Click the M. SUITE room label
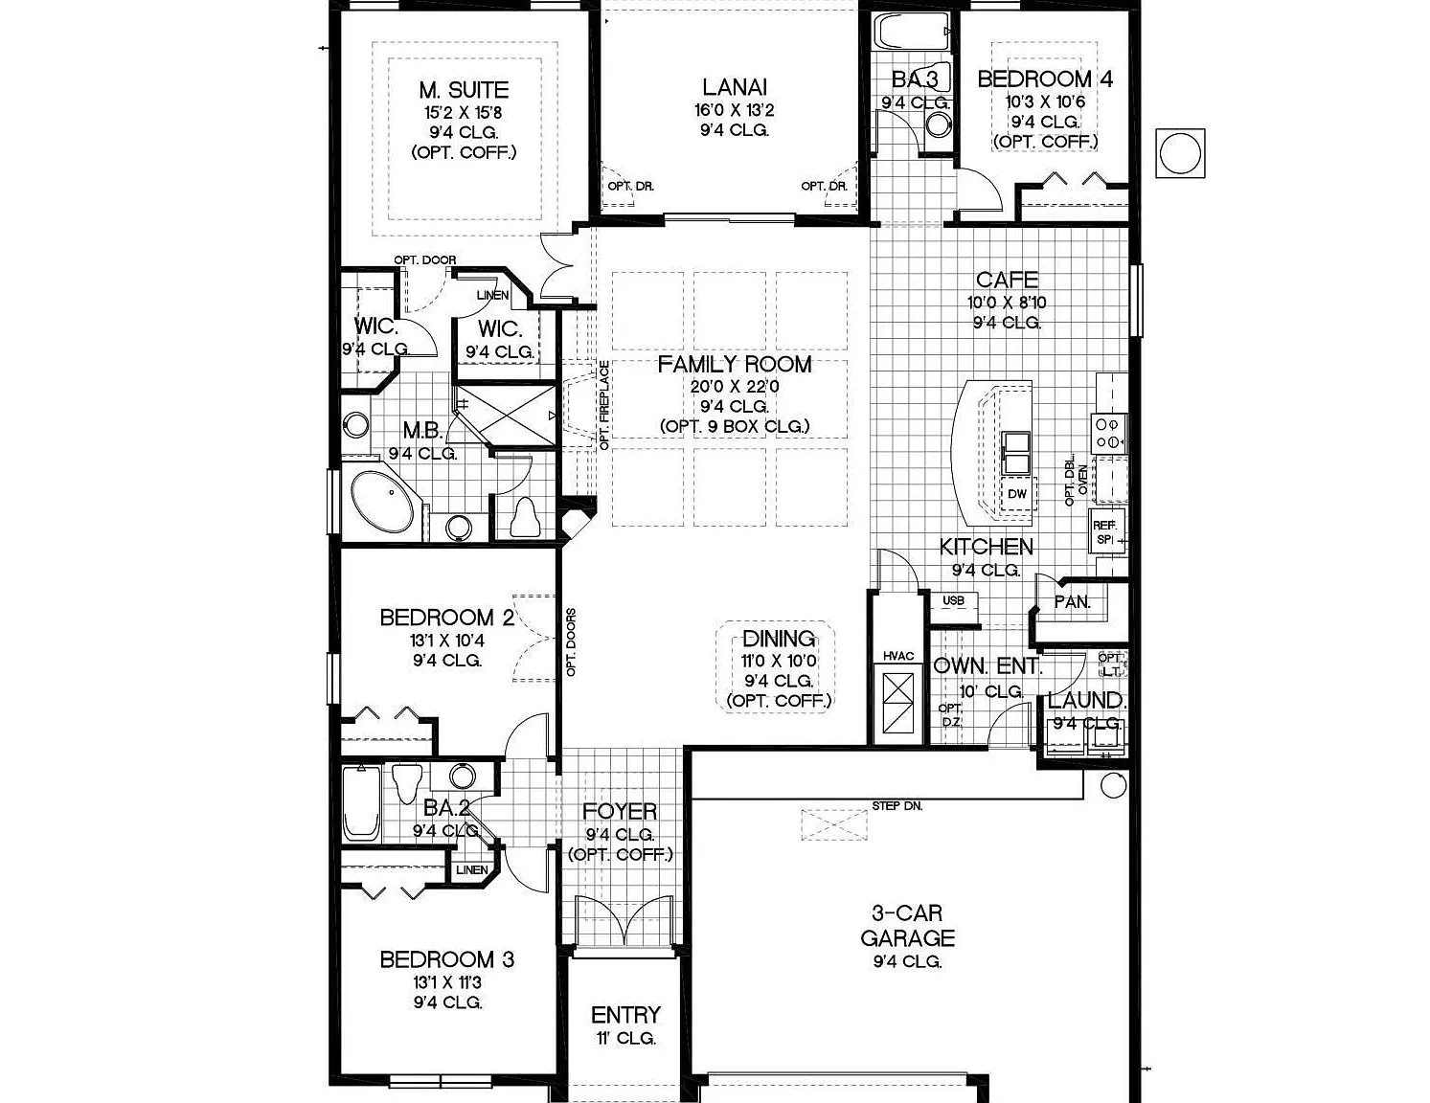click(464, 90)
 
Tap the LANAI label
click(735, 87)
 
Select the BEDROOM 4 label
click(1045, 79)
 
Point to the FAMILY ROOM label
click(735, 365)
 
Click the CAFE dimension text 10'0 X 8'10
click(1007, 303)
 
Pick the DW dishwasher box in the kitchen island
click(1017, 494)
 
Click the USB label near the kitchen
click(954, 600)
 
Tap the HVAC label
click(898, 656)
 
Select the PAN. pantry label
click(1073, 602)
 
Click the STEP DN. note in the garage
click(897, 806)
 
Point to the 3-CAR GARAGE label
click(907, 926)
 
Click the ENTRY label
click(625, 1015)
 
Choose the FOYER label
click(620, 812)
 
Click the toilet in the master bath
click(525, 518)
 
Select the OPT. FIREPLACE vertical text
click(604, 405)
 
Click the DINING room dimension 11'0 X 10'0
click(779, 661)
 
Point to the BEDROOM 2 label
click(447, 618)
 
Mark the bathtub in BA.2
click(361, 803)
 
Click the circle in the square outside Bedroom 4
click(1180, 153)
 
